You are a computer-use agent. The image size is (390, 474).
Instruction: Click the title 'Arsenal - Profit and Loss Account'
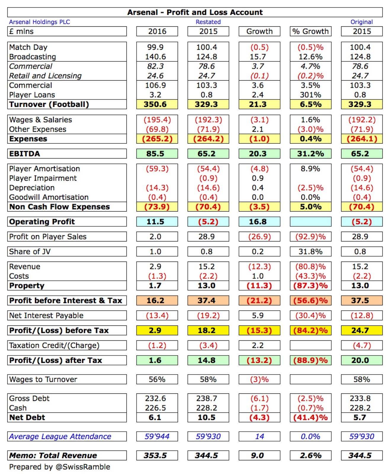(x=195, y=12)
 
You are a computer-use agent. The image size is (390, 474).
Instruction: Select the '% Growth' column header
(x=310, y=31)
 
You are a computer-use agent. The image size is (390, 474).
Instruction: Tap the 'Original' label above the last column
(x=361, y=22)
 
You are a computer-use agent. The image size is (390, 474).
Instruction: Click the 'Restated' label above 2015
(x=208, y=22)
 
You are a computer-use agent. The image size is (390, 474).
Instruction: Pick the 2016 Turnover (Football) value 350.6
(x=157, y=104)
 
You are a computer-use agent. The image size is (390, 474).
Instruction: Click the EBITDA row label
(x=25, y=153)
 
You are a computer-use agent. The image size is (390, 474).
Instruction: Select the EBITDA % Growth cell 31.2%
(x=310, y=153)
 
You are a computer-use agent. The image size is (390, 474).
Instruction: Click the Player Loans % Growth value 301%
(x=310, y=95)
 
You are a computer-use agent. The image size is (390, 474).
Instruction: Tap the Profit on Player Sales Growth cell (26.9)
(x=259, y=237)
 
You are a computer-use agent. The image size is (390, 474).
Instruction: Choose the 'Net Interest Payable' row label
(x=46, y=316)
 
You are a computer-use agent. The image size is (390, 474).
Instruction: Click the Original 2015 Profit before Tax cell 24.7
(x=361, y=330)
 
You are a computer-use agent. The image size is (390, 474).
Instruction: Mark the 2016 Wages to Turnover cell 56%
(x=157, y=379)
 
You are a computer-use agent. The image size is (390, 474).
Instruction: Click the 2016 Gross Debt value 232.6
(x=155, y=398)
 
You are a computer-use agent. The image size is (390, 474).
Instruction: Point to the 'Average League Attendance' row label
(x=60, y=436)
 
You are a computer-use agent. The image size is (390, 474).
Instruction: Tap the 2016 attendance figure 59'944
(x=157, y=436)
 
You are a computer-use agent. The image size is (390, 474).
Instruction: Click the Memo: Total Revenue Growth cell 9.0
(x=258, y=455)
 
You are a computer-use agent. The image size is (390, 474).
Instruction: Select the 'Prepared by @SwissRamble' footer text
(x=60, y=467)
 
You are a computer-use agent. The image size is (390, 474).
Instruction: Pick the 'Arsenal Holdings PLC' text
(x=39, y=22)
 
